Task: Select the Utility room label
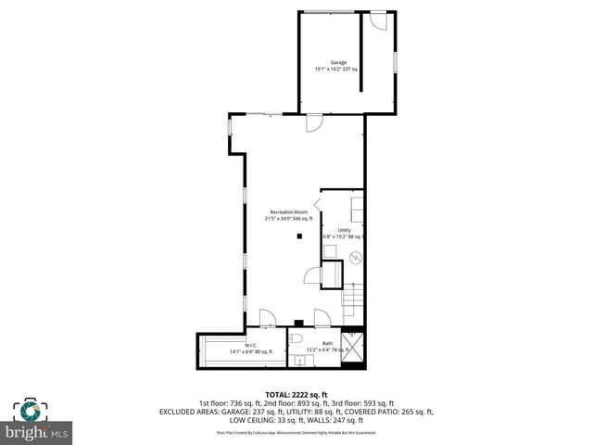[x=343, y=230]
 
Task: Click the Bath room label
[x=327, y=343]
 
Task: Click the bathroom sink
[x=299, y=360]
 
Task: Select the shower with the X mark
[x=354, y=349]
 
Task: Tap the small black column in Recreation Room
[x=298, y=236]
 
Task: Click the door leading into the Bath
[x=320, y=318]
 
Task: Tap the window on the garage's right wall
[x=396, y=60]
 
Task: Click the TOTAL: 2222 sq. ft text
[x=296, y=394]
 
